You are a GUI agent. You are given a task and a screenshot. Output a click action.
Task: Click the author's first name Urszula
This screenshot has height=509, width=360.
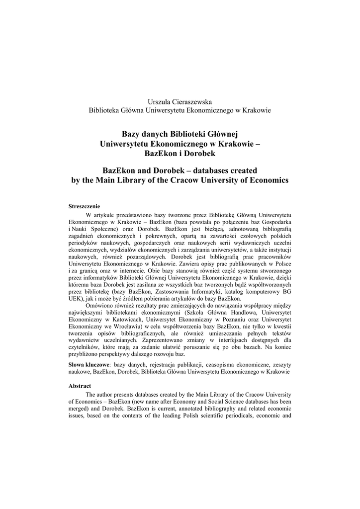(x=153, y=101)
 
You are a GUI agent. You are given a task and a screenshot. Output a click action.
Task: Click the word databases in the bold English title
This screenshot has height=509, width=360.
(x=203, y=170)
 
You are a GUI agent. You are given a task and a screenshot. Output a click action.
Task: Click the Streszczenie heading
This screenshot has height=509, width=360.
(x=84, y=206)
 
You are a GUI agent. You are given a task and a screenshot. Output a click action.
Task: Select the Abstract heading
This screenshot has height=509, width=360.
(x=80, y=385)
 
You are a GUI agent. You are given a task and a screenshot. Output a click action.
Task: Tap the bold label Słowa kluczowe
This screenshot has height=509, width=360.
(x=89, y=364)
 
